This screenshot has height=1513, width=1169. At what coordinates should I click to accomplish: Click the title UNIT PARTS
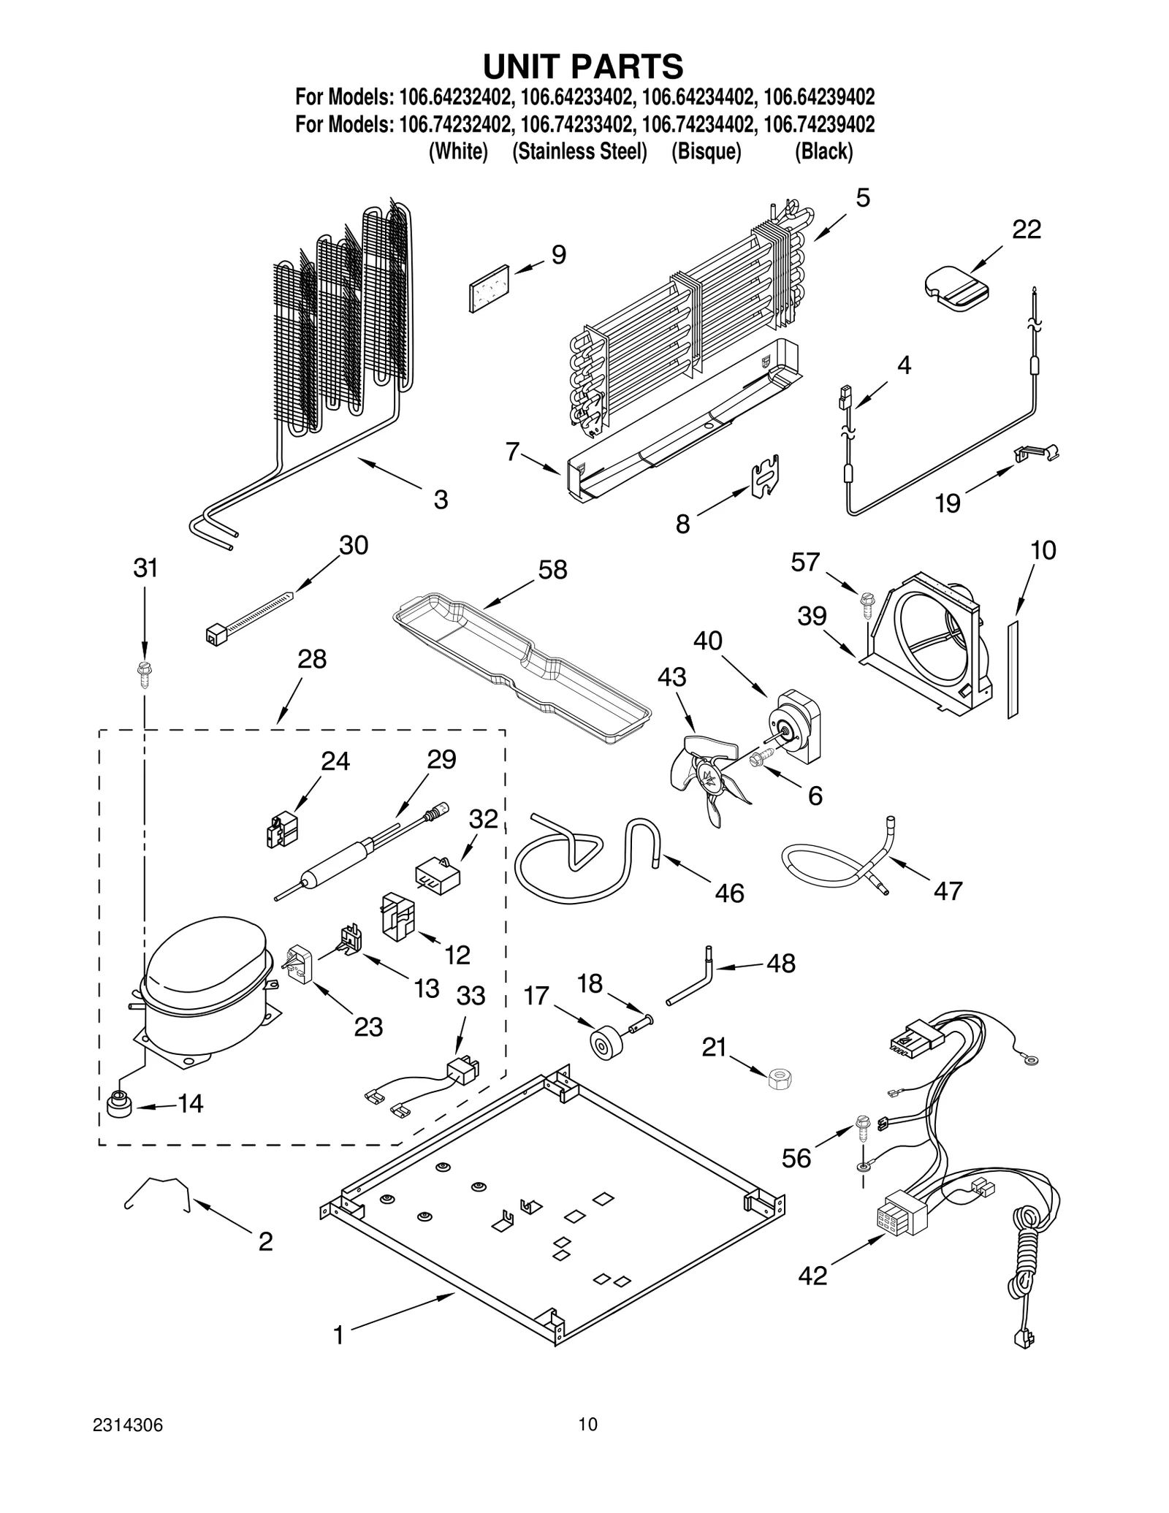pyautogui.click(x=582, y=66)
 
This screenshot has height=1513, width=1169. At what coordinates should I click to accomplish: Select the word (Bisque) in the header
pyautogui.click(x=706, y=152)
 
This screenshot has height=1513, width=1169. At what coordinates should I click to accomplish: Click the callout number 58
pyautogui.click(x=552, y=570)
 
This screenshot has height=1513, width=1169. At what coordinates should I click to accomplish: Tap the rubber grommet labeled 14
pyautogui.click(x=120, y=1106)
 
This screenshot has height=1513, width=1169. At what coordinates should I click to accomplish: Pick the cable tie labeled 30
pyautogui.click(x=248, y=617)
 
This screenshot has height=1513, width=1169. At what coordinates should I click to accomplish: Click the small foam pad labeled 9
pyautogui.click(x=490, y=288)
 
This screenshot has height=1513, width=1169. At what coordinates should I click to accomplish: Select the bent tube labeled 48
pyautogui.click(x=691, y=975)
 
